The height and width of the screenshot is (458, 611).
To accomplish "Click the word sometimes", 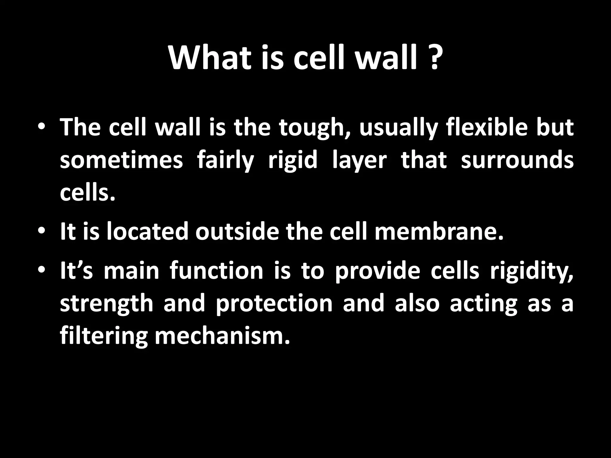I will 121,160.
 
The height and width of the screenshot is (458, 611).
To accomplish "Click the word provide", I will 377,272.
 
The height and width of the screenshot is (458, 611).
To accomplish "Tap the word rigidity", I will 532,272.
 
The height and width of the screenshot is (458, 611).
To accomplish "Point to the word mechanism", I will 222,336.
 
